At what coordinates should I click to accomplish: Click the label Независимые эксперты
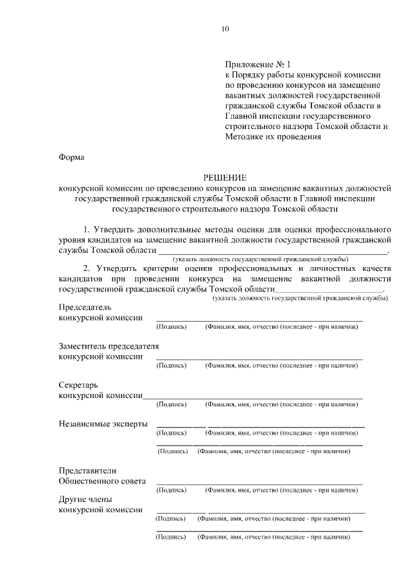pos(103,424)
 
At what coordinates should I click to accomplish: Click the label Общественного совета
pos(101,480)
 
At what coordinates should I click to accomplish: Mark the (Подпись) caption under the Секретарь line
pos(171,404)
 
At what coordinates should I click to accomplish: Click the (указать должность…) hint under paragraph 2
pos(300,299)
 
